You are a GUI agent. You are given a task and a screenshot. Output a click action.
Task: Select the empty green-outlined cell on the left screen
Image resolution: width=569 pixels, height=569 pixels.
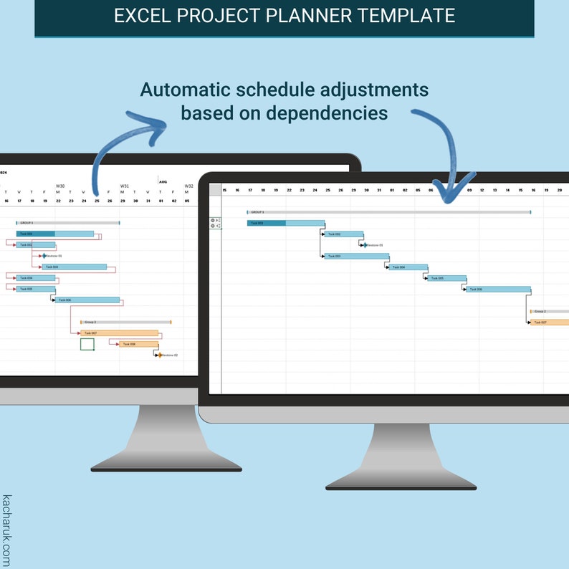87,345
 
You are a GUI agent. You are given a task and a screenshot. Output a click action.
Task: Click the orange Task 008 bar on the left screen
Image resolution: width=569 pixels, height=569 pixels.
138,344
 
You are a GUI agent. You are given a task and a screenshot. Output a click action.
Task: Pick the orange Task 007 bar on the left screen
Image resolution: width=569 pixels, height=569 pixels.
119,333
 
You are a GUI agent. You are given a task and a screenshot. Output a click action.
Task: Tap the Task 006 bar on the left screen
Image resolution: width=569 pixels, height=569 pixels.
87,300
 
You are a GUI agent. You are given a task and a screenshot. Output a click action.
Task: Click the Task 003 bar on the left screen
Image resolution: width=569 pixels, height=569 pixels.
75,267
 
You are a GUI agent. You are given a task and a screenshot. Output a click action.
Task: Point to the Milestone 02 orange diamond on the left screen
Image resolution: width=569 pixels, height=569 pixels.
160,355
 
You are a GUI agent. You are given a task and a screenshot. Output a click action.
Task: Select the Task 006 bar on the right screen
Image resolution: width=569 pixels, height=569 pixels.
498,290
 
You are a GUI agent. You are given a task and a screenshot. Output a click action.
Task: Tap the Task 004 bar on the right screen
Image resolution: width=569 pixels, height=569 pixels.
408,267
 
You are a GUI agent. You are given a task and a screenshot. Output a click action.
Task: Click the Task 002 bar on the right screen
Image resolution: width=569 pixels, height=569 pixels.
343,234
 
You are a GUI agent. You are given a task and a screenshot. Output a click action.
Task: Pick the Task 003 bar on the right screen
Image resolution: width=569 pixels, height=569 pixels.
356,256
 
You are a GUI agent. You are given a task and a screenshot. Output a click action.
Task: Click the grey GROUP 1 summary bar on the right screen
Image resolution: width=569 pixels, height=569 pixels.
388,212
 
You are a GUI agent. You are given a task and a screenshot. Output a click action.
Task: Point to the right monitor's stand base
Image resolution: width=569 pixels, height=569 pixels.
401,484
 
